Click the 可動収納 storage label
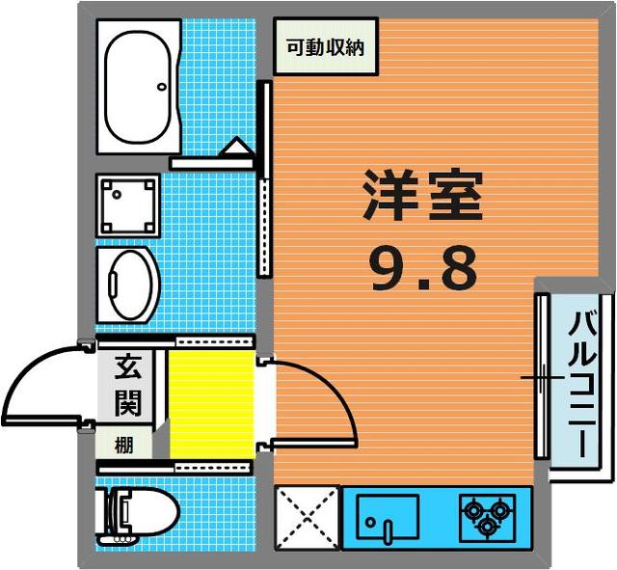click(x=326, y=47)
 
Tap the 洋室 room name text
click(x=423, y=196)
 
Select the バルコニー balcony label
click(x=582, y=384)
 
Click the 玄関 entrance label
click(x=127, y=386)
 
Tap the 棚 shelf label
click(x=124, y=446)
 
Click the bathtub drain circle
click(x=162, y=87)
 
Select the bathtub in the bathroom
click(x=139, y=87)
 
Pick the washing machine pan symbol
click(x=128, y=205)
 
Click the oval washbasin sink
click(x=130, y=285)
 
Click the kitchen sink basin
click(x=388, y=517)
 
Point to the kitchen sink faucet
click(x=388, y=531)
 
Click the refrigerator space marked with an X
click(x=307, y=518)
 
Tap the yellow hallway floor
click(x=212, y=403)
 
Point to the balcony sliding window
click(x=542, y=377)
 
